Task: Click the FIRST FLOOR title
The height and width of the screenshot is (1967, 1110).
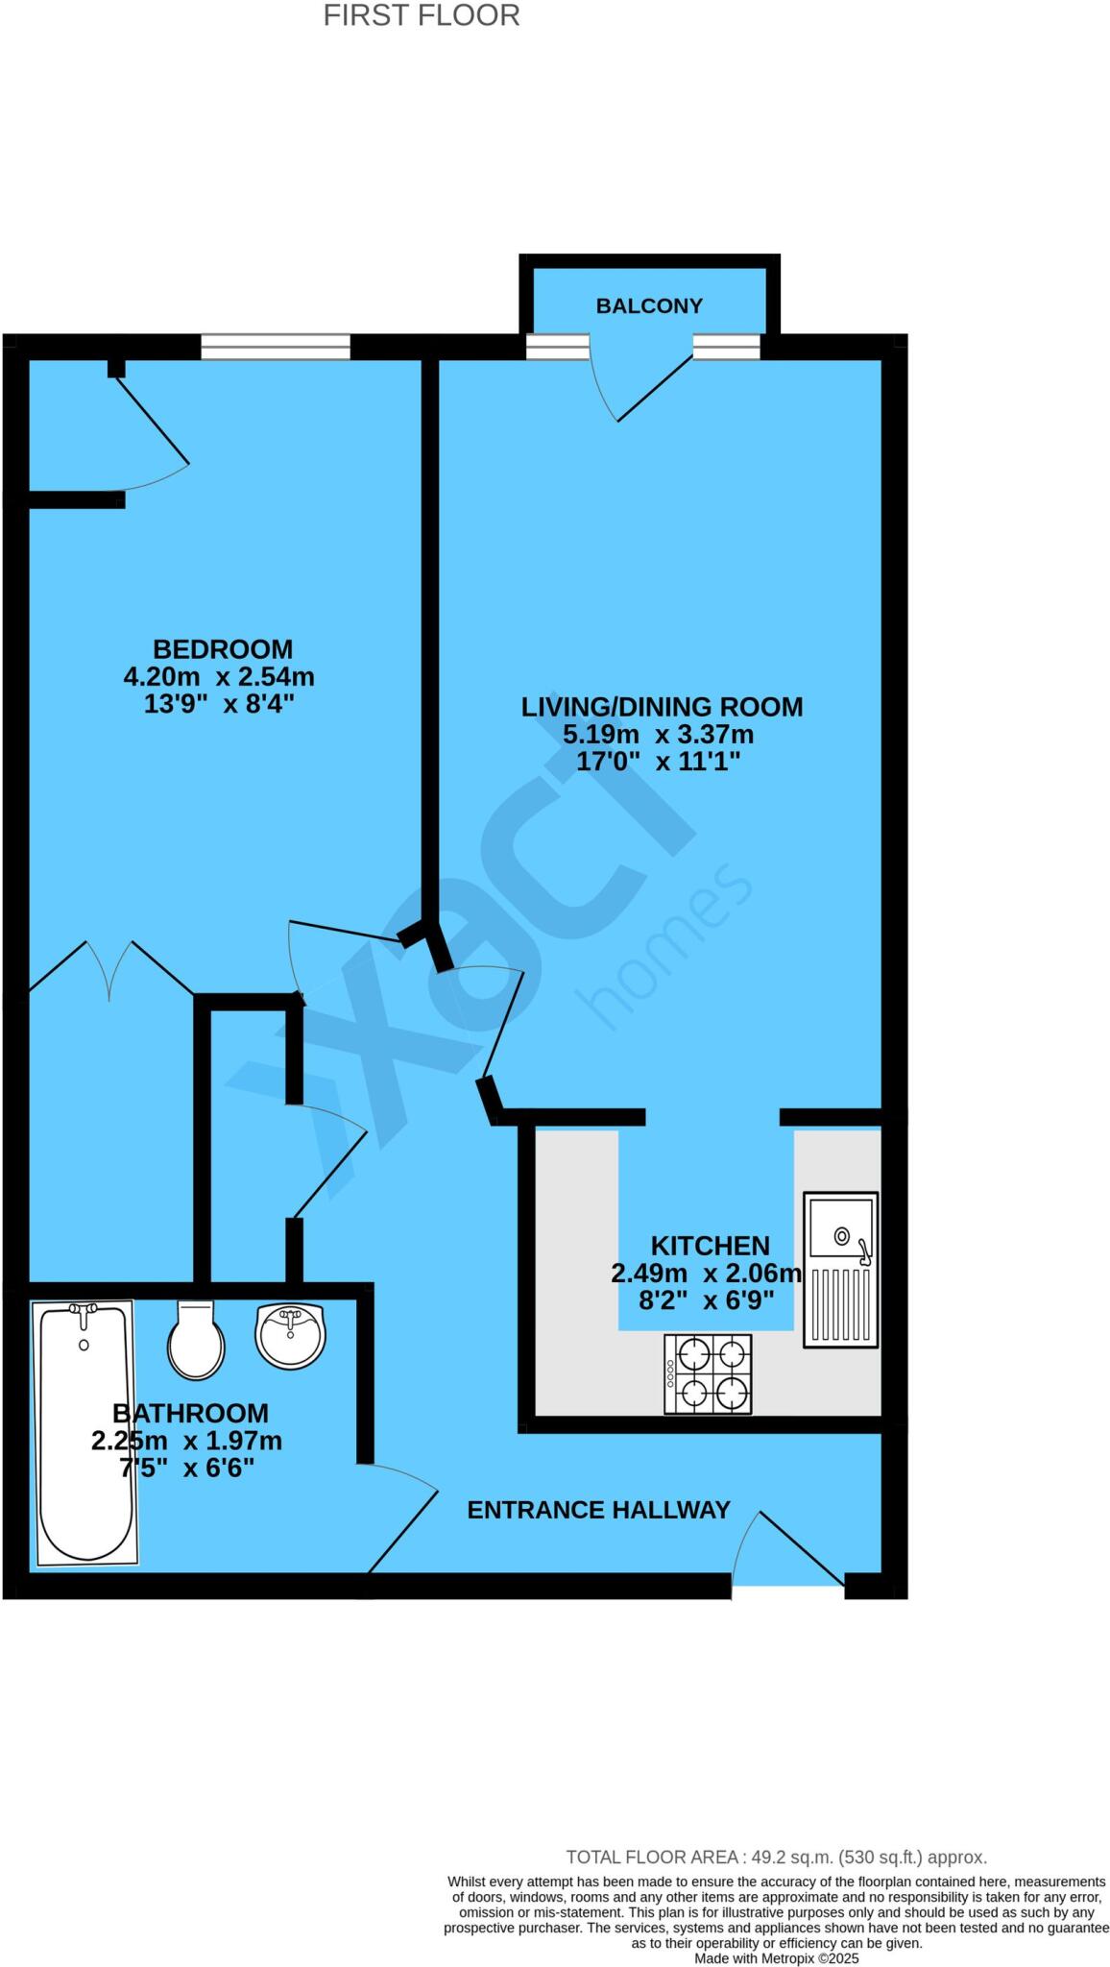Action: click(421, 16)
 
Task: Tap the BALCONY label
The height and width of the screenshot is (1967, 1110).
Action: click(649, 306)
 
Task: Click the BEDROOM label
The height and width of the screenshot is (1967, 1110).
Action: click(223, 649)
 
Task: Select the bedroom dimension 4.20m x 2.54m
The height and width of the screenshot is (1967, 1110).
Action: click(219, 677)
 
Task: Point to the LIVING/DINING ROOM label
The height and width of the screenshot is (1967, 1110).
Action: click(662, 707)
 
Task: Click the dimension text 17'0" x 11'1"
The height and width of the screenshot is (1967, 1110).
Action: click(658, 763)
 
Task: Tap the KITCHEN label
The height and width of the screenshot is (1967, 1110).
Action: click(710, 1247)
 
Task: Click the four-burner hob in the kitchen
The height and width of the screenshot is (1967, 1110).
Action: click(708, 1373)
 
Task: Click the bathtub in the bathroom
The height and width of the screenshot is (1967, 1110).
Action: click(84, 1431)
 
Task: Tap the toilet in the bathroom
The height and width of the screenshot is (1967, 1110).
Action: click(196, 1340)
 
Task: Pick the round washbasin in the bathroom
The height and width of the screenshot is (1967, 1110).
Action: click(291, 1334)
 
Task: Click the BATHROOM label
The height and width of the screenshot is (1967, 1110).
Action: click(190, 1414)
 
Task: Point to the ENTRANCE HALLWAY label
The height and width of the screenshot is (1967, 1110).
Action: click(598, 1511)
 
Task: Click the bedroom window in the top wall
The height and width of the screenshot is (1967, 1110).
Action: click(276, 347)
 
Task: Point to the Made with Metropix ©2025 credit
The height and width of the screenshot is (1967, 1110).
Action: click(776, 1958)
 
